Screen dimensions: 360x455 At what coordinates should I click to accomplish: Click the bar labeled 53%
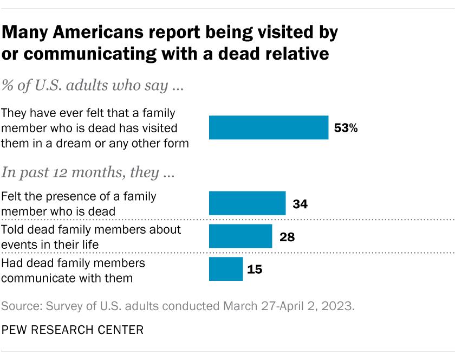coord(269,128)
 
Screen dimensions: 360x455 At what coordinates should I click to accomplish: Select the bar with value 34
coord(247,203)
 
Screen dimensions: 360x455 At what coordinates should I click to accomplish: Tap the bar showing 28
coord(240,236)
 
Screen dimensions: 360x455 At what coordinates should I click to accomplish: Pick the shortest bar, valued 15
coord(226,269)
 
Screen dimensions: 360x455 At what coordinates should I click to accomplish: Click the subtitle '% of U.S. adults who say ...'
coord(91,87)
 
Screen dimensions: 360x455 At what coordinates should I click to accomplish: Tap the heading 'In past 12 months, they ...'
coord(88,173)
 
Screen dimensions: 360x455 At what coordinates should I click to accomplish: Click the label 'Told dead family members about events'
coord(91,236)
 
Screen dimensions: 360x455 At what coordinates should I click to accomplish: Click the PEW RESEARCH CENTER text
coord(73,329)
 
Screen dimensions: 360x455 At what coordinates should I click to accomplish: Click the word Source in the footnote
coord(21,306)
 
